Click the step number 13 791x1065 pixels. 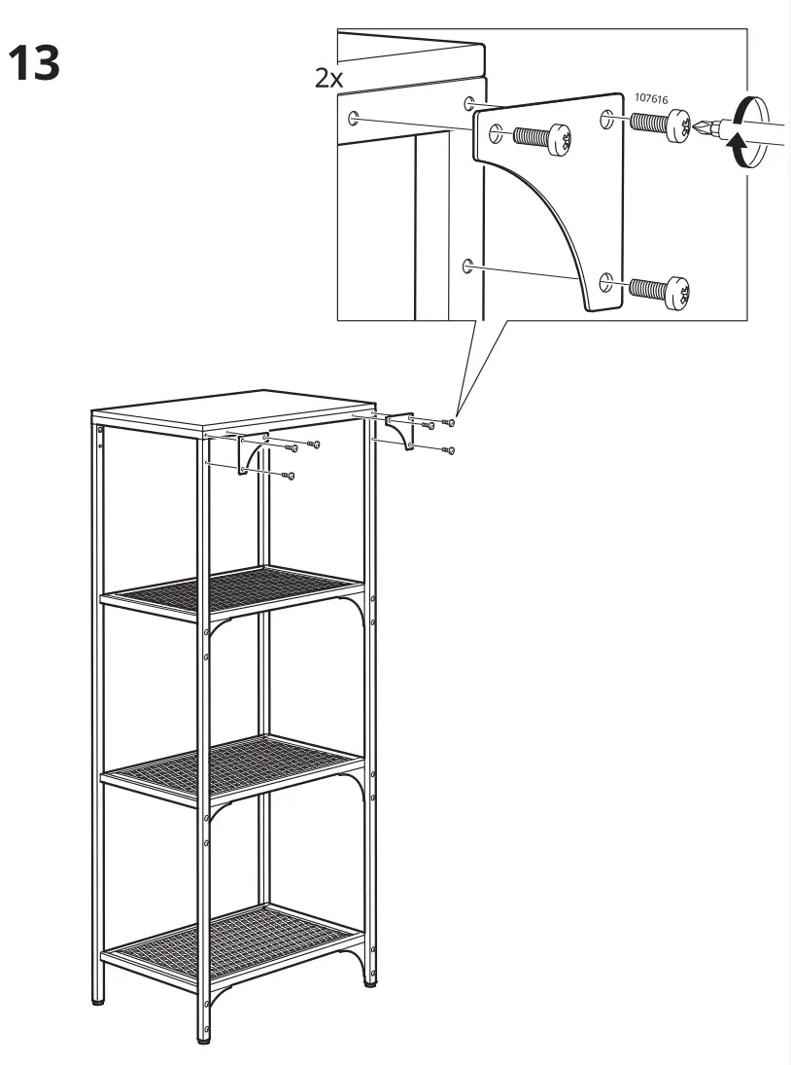coord(34,64)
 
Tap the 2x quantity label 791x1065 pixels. coord(329,79)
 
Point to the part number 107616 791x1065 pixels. coord(652,98)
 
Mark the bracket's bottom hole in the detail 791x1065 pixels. coord(607,281)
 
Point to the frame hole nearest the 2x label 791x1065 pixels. coord(353,119)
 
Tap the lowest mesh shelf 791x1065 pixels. coord(233,933)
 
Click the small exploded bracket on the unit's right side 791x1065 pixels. coord(399,429)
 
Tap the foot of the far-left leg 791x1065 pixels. coord(99,998)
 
